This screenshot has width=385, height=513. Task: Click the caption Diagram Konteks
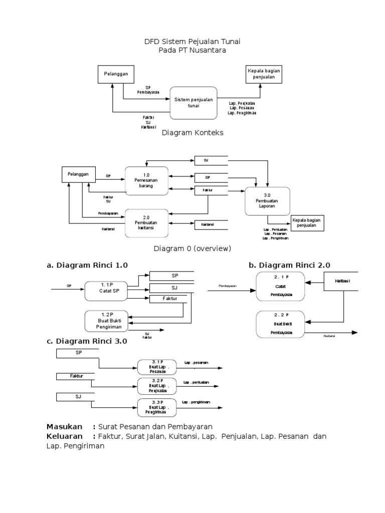click(192, 133)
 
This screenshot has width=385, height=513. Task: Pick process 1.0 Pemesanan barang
click(145, 179)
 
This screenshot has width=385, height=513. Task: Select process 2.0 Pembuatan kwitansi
click(146, 222)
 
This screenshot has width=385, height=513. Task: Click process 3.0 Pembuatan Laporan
click(266, 201)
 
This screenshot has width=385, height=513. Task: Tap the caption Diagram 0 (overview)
click(192, 248)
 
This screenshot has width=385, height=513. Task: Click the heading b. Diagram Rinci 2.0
click(289, 266)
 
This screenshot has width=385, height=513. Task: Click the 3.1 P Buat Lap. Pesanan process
click(157, 366)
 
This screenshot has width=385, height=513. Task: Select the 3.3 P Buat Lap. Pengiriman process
click(157, 407)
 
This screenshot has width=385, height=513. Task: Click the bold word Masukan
click(64, 426)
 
